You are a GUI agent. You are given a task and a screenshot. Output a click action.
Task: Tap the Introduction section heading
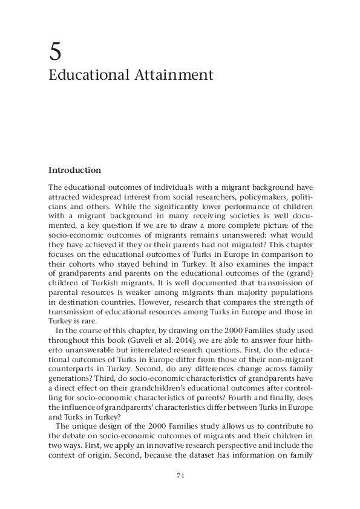(x=74, y=170)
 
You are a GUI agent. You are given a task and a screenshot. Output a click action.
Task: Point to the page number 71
(x=180, y=476)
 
